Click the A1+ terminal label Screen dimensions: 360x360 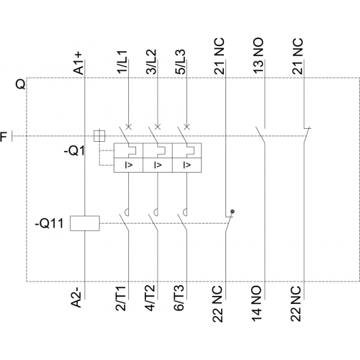[78, 63]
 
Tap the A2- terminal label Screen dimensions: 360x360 [77, 296]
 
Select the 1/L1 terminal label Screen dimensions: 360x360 [122, 62]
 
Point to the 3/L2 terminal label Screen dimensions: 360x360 [151, 62]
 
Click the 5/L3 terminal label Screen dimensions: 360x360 [181, 62]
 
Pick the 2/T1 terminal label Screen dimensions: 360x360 [121, 298]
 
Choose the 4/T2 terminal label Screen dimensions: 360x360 [150, 298]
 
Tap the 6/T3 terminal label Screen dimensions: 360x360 [179, 298]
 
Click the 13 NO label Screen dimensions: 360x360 [258, 55]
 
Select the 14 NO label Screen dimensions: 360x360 [256, 303]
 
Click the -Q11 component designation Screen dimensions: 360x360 [50, 223]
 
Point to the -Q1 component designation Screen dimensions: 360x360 [74, 151]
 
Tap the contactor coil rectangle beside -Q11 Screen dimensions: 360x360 [85, 223]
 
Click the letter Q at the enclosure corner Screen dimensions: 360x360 [20, 84]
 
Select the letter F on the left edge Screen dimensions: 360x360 [4, 137]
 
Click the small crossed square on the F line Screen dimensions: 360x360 [99, 136]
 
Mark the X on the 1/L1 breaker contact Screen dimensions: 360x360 [129, 127]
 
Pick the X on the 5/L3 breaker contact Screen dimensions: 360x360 [187, 127]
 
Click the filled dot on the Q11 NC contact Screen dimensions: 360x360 [233, 212]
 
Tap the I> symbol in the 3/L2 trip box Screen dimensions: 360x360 [158, 165]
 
